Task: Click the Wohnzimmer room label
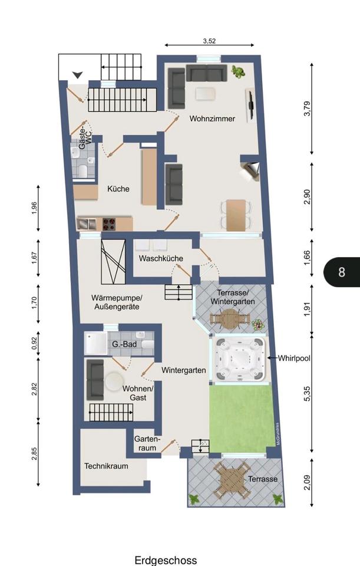(x=212, y=119)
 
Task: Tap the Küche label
(x=118, y=189)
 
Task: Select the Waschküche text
(x=161, y=258)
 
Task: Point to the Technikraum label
(x=106, y=466)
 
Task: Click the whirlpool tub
(x=240, y=359)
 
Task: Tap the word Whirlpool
(x=294, y=358)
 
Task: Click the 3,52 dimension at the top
(x=209, y=41)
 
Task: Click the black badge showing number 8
(x=342, y=272)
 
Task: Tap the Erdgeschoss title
(x=166, y=560)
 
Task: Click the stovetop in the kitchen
(x=109, y=224)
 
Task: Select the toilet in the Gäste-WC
(x=82, y=171)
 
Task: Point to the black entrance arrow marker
(x=78, y=75)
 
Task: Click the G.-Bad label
(x=124, y=344)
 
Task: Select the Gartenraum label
(x=147, y=443)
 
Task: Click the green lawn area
(x=242, y=418)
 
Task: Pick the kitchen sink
(x=87, y=224)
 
